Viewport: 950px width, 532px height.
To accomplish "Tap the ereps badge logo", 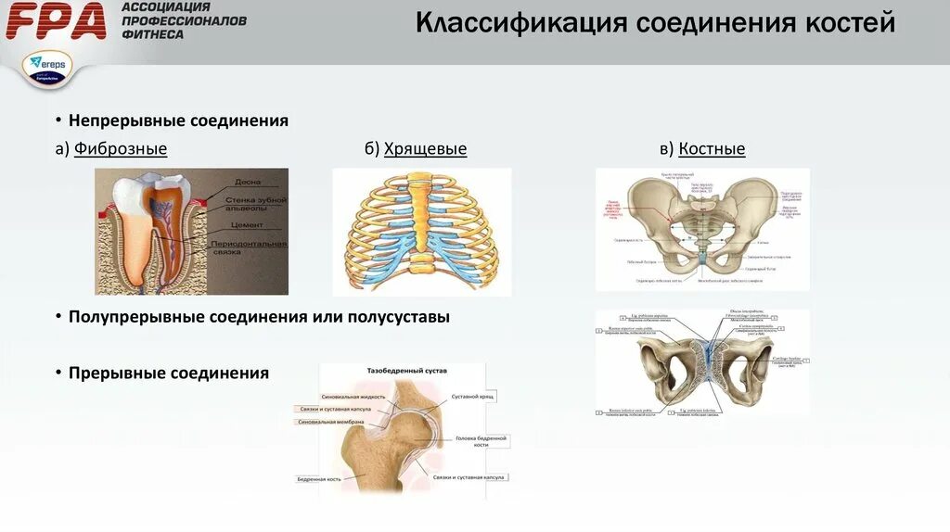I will (x=48, y=68).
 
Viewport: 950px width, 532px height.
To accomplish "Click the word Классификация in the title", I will (x=520, y=23).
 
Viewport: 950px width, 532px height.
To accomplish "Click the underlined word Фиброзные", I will (x=121, y=149).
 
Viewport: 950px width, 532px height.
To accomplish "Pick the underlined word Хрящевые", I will (x=425, y=149).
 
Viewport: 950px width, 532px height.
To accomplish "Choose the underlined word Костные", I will (x=712, y=149).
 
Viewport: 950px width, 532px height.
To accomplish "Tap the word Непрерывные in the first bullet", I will (x=127, y=121).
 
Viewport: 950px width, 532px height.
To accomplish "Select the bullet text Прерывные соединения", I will (x=168, y=374).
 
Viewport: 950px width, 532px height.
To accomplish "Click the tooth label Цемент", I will (x=249, y=225).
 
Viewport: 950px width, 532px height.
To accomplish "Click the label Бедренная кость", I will (x=318, y=479).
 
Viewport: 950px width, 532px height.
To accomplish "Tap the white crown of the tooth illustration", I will (x=130, y=192).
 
